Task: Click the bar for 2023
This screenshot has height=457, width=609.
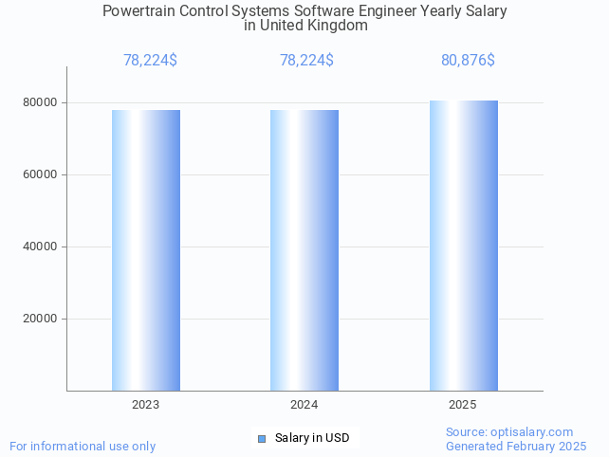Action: [146, 250]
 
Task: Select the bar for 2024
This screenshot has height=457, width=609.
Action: [304, 250]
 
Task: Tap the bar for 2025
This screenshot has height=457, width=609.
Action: [463, 246]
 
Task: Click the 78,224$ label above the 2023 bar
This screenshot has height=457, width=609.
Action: [150, 61]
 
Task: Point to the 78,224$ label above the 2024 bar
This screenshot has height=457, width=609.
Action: [306, 61]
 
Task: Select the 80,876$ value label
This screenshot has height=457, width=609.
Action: [468, 61]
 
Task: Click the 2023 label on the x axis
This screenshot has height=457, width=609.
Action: [146, 405]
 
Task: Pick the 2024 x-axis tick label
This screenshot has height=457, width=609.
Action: [304, 405]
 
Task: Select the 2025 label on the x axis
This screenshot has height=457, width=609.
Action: [463, 405]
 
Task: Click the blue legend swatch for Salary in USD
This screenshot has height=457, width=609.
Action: [263, 438]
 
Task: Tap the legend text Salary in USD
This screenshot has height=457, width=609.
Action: [312, 438]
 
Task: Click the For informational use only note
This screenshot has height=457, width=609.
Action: [83, 446]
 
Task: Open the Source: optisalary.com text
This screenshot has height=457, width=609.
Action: [509, 431]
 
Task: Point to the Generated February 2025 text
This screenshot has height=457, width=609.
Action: [516, 446]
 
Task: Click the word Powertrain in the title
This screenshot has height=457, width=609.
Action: [138, 11]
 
